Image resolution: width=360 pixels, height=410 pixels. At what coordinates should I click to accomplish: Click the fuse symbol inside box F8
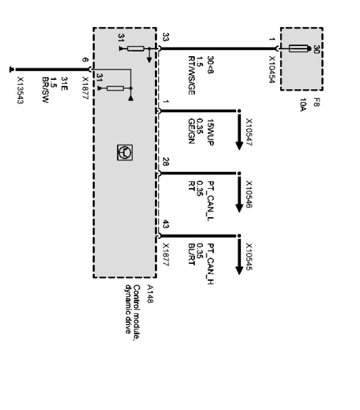click(x=298, y=49)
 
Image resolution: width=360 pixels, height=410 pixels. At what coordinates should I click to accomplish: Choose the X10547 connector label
click(x=249, y=132)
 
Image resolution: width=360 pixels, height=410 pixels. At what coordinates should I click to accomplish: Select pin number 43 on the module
click(x=166, y=224)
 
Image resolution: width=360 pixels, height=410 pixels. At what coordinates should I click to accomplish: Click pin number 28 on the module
click(x=166, y=162)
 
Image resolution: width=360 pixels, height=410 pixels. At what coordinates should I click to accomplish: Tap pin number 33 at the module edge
click(x=166, y=38)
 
